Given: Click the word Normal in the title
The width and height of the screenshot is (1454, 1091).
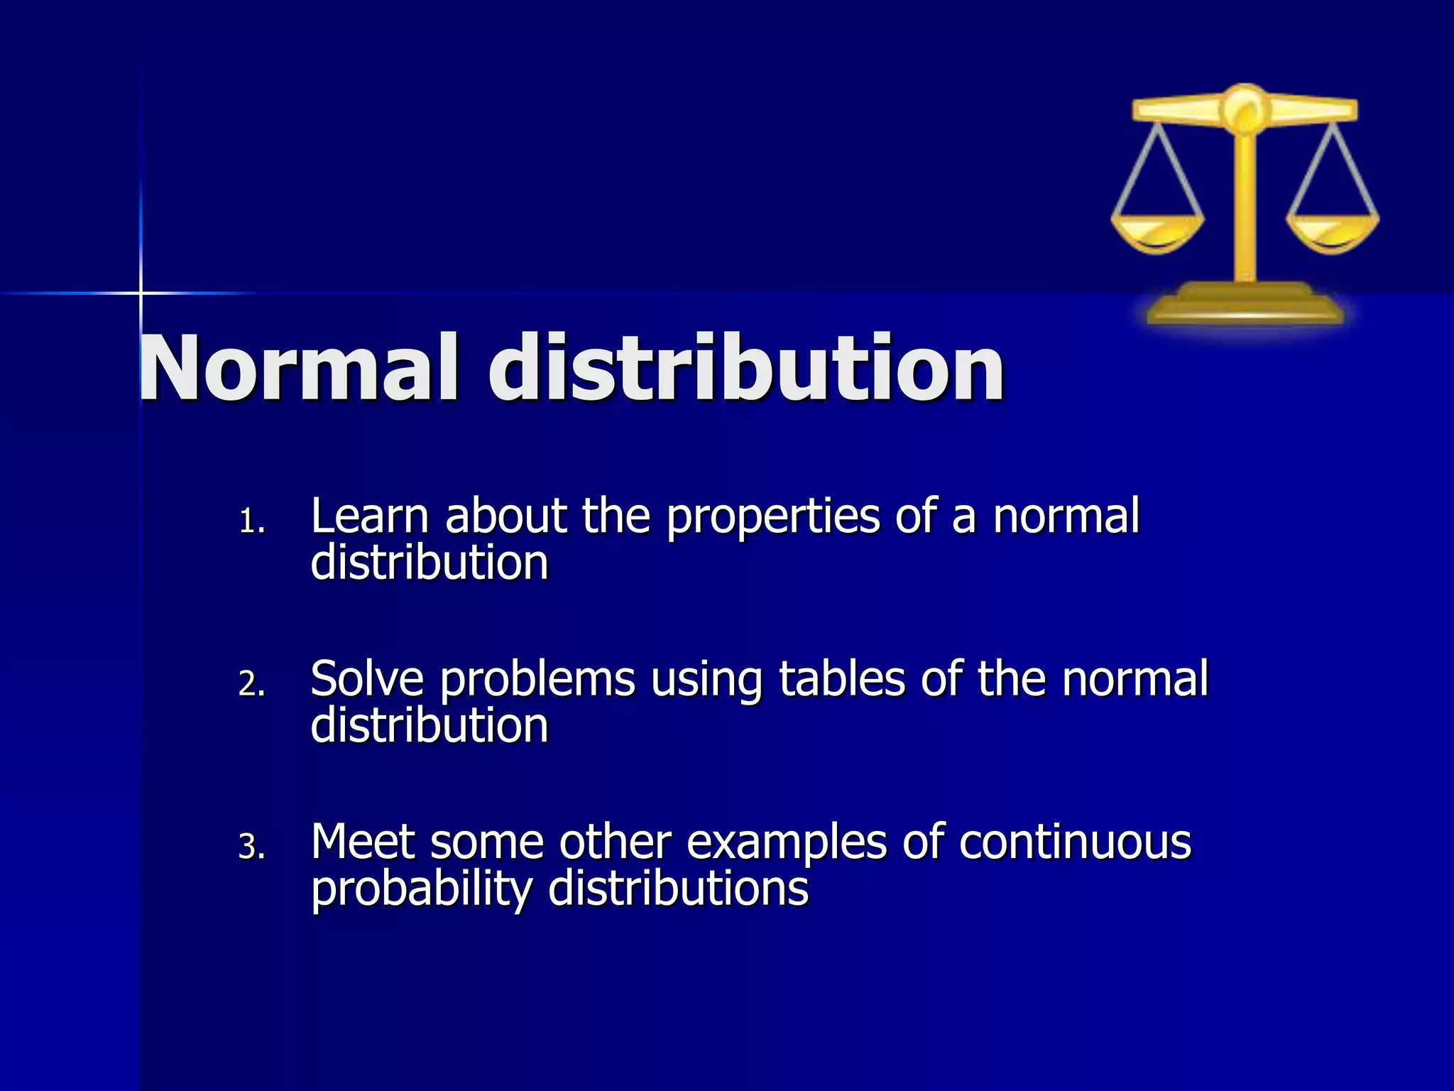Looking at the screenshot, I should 298,369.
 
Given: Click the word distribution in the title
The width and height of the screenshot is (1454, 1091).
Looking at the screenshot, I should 745,369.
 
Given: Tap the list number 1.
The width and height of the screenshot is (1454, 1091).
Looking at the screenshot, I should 250,523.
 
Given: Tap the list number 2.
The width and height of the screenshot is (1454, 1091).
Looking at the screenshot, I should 251,685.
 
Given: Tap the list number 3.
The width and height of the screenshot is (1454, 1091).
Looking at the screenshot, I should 251,847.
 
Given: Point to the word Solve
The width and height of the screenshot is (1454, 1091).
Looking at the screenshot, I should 367,679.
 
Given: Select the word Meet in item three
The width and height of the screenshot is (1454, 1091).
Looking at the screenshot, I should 363,842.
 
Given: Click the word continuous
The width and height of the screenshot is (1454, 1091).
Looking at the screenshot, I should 1075,842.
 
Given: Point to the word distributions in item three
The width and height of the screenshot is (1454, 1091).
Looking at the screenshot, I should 678,889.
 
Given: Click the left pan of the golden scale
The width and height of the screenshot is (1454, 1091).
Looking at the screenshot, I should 1157,231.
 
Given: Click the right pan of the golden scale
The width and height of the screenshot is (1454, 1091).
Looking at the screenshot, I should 1333,231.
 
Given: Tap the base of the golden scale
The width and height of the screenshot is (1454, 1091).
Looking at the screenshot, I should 1246,305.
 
